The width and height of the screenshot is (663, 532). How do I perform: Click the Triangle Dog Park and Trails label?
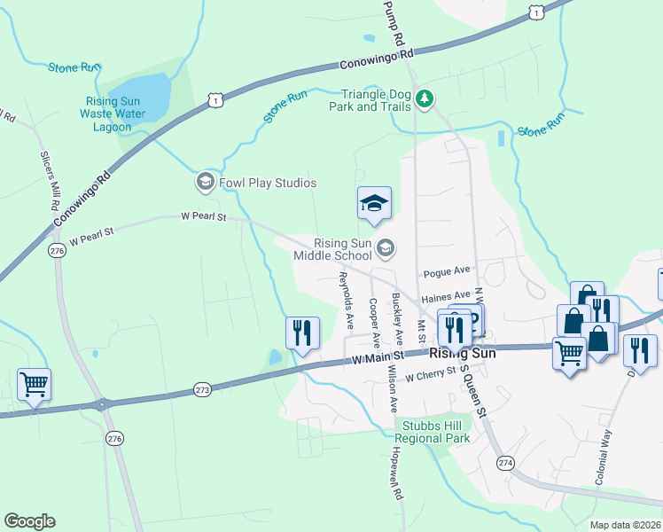point(377,100)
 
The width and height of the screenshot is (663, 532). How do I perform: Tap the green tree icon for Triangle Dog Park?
point(425,98)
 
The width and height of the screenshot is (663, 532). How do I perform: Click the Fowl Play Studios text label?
point(267,184)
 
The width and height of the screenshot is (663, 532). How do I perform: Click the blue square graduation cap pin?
point(374,204)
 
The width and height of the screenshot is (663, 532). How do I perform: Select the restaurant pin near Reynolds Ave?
point(302,333)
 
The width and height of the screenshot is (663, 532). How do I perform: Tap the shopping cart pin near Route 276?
point(34,385)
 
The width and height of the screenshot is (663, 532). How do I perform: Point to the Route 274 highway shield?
point(505,464)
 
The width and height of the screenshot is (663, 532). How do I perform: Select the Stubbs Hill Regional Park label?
point(432,432)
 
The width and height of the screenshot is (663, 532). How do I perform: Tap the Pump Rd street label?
point(394,23)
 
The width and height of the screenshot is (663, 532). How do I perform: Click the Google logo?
point(29,521)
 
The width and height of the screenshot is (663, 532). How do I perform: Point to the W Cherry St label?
point(430,377)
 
